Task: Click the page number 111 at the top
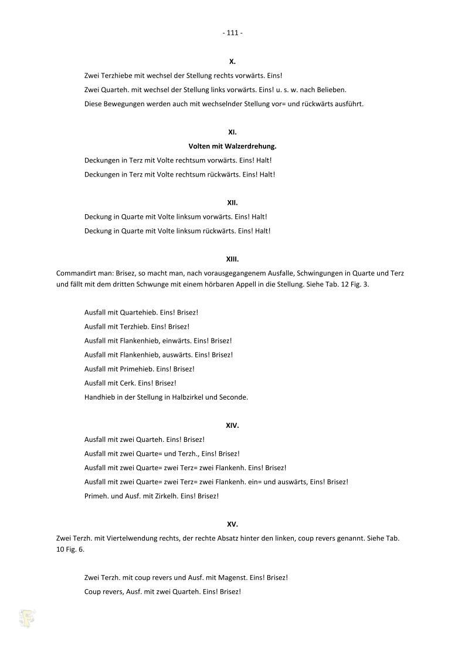233,33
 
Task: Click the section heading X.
232,61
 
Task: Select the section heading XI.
232,132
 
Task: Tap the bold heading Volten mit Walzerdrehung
232,146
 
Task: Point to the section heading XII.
232,202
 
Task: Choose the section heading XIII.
232,259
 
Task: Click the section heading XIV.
232,425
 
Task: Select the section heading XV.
232,524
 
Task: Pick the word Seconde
233,397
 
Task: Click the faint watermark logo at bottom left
27,617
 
